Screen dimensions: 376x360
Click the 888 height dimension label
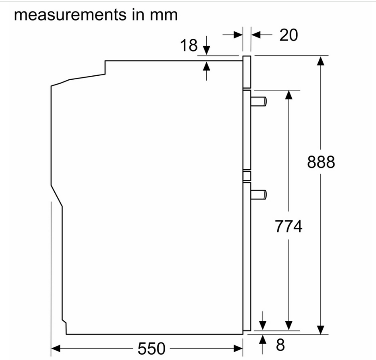point(321,162)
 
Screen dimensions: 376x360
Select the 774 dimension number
point(288,226)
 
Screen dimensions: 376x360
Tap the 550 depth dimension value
point(151,348)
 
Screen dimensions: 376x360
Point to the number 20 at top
point(288,35)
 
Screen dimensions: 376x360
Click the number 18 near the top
point(189,45)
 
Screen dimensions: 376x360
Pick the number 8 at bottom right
point(280,345)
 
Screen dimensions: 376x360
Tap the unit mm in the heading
point(164,15)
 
